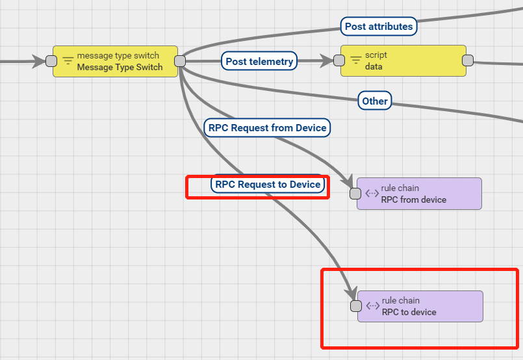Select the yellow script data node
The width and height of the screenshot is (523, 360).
point(403,60)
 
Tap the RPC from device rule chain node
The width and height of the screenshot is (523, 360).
point(419,194)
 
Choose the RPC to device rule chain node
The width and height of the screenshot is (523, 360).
point(420,306)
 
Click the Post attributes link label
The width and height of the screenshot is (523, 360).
point(378,27)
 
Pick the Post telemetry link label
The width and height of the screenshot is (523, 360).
point(259,62)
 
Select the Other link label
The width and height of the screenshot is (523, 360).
point(375,101)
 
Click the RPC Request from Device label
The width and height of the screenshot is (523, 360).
point(267,128)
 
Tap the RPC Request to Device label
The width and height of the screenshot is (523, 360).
point(268,185)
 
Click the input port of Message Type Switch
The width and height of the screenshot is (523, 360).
point(51,61)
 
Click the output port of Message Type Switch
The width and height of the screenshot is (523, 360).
point(180,61)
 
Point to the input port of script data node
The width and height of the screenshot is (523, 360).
point(338,60)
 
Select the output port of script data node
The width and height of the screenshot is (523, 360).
point(467,60)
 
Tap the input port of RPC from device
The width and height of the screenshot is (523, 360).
point(355,194)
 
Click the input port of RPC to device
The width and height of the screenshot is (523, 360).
point(355,306)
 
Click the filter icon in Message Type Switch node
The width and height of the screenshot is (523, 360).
point(68,61)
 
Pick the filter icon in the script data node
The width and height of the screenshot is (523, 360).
point(356,60)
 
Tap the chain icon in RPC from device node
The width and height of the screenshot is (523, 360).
point(372,194)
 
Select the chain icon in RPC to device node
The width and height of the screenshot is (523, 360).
point(372,306)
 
